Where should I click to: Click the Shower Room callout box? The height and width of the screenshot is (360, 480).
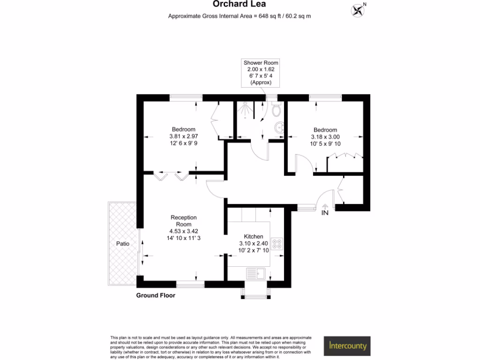pos(261,72)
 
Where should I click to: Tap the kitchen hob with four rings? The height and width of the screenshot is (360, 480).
pos(277,244)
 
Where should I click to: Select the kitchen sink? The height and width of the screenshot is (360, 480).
pos(255,273)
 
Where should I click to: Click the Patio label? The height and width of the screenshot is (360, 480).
pos(123,244)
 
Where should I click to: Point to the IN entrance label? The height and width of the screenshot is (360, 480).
pos(325,213)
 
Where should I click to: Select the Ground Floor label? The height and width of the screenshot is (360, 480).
pos(156,295)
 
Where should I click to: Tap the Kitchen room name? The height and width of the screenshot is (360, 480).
pos(254,237)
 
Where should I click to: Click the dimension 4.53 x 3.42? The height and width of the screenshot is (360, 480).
pos(183,231)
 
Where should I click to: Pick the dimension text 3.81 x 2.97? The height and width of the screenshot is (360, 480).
pos(183,136)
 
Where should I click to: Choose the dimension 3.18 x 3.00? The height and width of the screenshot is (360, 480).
pos(325,137)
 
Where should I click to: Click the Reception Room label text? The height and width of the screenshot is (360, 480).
pos(183,221)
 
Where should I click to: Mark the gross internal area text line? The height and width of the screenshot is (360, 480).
pos(240,16)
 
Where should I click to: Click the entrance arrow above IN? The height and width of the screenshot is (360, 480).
pos(325,205)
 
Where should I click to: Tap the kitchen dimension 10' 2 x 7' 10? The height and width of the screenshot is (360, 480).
pos(254,250)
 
